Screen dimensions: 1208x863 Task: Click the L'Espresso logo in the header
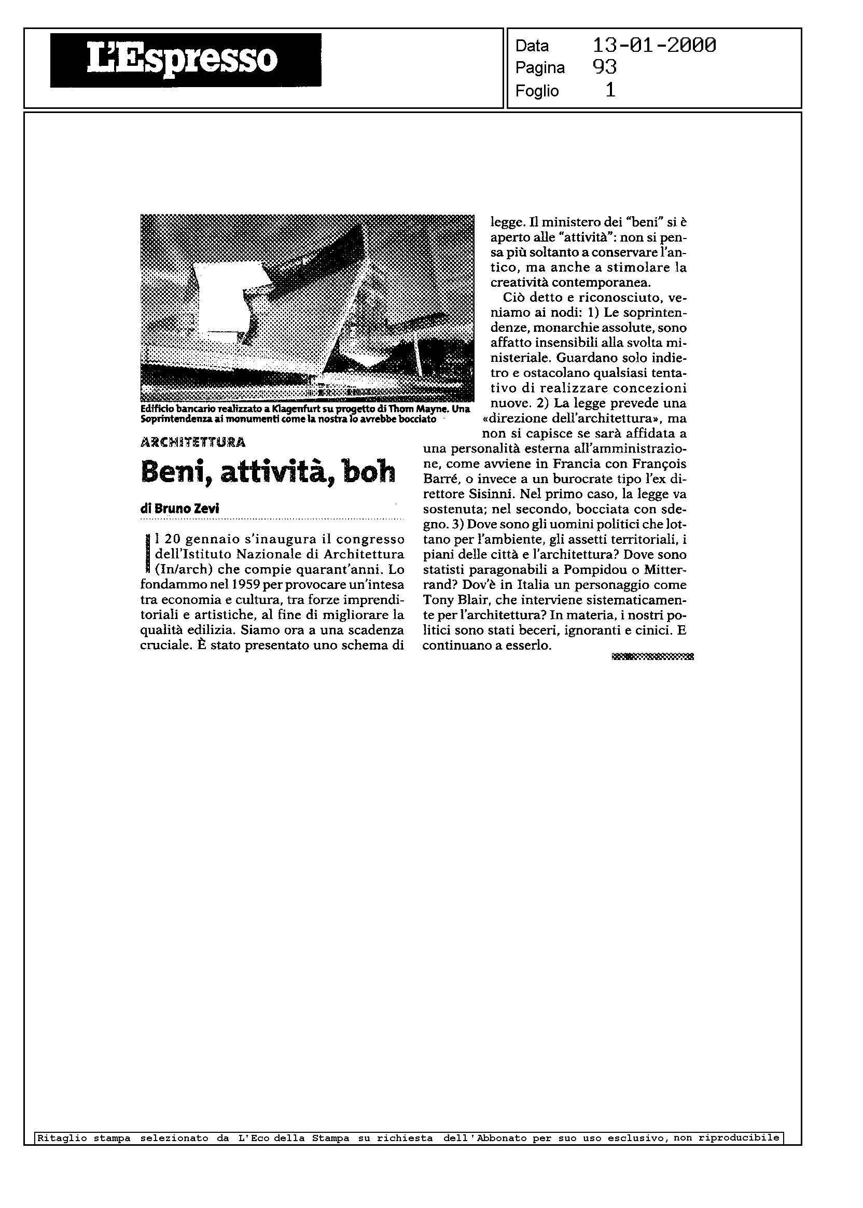click(185, 60)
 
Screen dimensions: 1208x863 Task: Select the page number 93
click(604, 67)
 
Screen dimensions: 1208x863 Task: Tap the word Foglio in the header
click(537, 91)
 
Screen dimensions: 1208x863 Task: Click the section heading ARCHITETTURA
click(193, 442)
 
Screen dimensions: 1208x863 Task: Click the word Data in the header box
click(532, 46)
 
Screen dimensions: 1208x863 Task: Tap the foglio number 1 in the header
click(610, 91)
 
